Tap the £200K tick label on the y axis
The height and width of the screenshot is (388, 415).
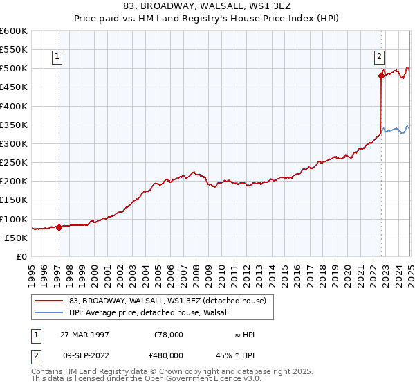click(x=14, y=182)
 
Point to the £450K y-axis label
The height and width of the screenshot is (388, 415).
click(x=14, y=87)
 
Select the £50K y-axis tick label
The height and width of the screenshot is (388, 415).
click(x=17, y=238)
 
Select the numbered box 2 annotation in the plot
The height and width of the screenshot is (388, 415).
click(x=380, y=58)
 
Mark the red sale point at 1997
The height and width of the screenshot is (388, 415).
click(x=59, y=227)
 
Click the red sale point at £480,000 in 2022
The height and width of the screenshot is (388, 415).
click(x=381, y=76)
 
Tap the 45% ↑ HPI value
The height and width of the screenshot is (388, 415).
click(x=245, y=355)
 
